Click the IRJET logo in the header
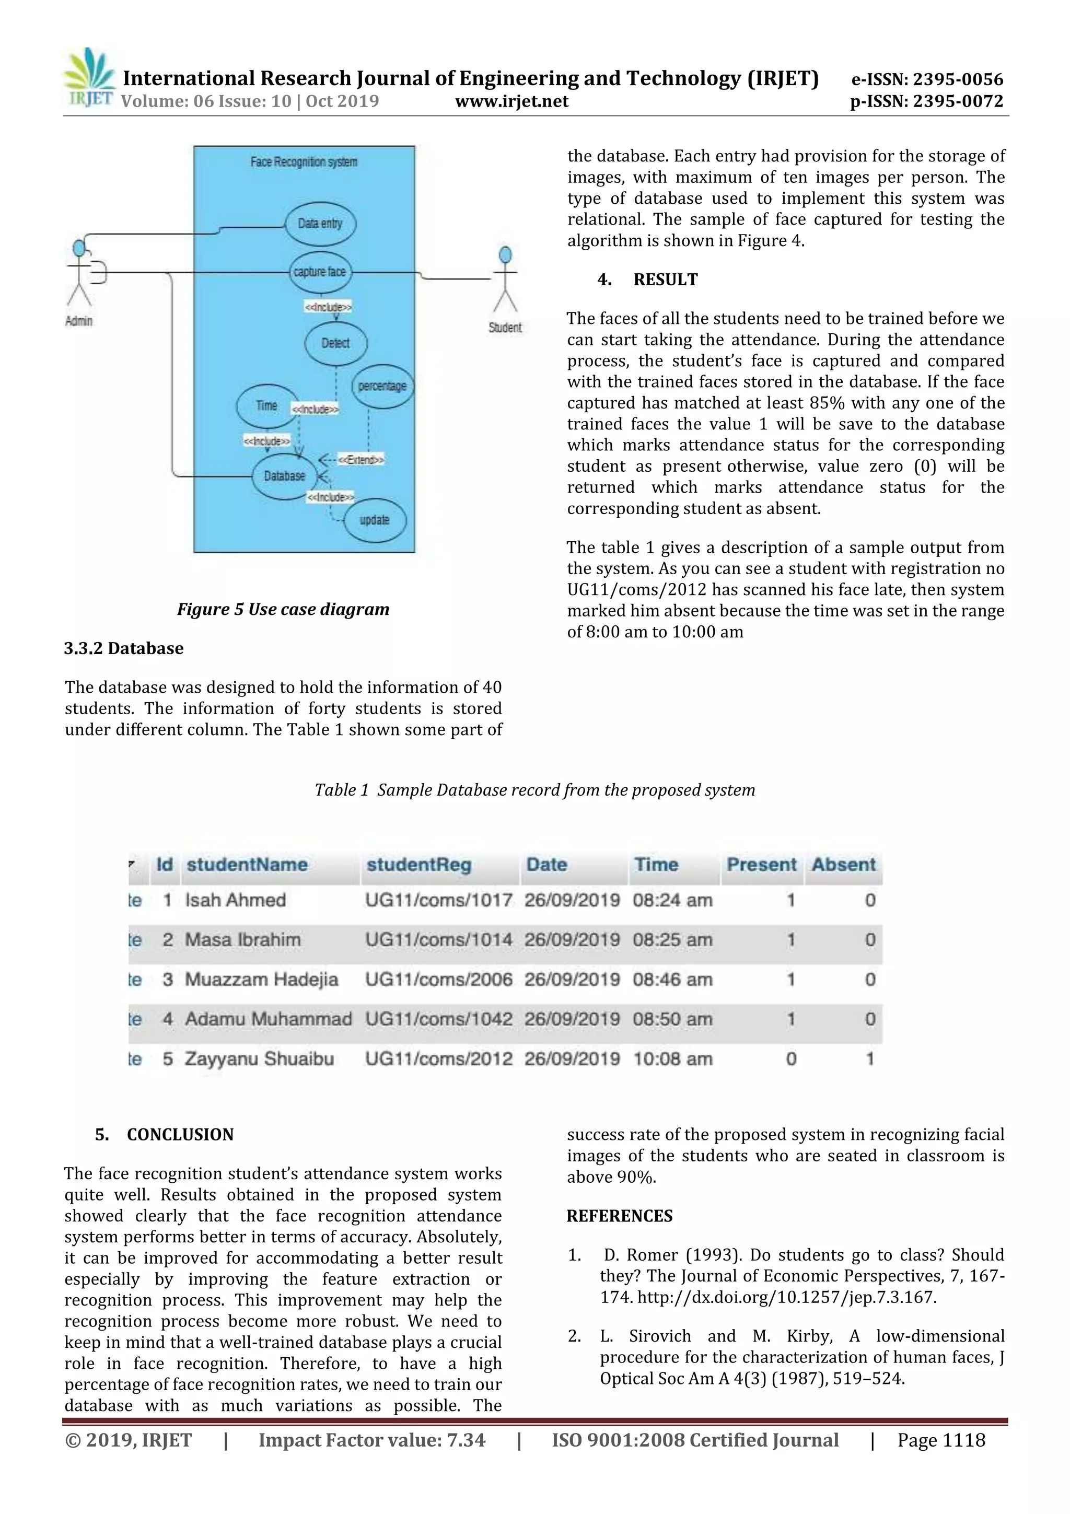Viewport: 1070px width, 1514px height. [89, 78]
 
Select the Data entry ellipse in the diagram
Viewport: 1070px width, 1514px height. [320, 224]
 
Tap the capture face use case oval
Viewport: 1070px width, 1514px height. [320, 272]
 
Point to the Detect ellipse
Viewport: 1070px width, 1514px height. [335, 343]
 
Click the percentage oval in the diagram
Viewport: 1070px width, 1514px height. [382, 386]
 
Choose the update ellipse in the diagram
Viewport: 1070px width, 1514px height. [375, 520]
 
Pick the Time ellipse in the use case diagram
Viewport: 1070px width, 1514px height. [266, 405]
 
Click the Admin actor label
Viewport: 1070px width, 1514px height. [78, 321]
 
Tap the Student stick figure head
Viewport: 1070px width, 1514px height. [506, 254]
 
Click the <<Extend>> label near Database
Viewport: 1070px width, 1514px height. [360, 460]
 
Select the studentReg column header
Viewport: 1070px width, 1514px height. [418, 865]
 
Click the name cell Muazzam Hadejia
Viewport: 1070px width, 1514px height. [261, 979]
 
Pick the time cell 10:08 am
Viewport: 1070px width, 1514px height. [672, 1058]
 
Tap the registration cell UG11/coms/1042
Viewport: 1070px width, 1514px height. [438, 1019]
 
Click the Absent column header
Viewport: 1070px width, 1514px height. [843, 865]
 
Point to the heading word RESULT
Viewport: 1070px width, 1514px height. [665, 279]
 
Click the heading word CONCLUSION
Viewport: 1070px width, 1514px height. [180, 1134]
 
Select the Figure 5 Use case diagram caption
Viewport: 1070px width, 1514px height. [283, 609]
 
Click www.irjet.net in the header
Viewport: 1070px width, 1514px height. [511, 101]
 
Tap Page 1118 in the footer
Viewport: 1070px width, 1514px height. [941, 1440]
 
